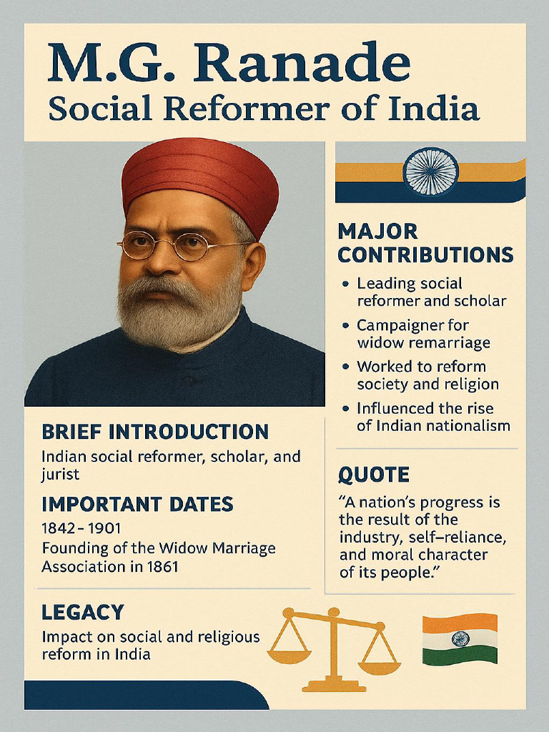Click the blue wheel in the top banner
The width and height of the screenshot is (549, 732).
coord(430,172)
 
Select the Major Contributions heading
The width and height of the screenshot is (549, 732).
coord(425,243)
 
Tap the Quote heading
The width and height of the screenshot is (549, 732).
coord(373,475)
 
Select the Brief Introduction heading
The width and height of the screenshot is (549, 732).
coord(155,432)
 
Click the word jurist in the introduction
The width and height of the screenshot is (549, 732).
coord(60,474)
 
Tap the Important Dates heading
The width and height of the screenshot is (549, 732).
coord(137,504)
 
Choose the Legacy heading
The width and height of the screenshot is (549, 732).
coord(82,612)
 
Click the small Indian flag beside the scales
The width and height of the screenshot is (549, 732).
coord(460,638)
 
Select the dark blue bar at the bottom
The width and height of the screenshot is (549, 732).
coord(143,695)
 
